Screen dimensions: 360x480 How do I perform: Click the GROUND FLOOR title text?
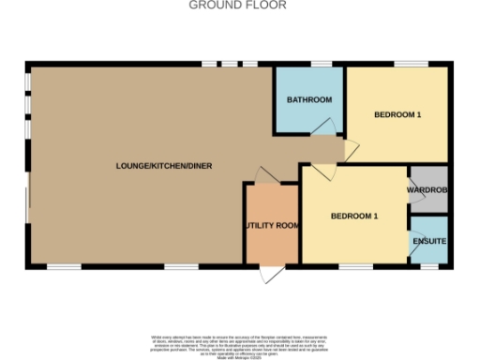238,6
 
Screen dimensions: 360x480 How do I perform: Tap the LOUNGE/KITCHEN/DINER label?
164,166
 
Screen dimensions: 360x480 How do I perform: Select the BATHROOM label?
309,99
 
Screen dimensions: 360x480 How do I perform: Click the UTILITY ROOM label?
272,226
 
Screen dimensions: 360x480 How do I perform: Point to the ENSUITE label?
430,242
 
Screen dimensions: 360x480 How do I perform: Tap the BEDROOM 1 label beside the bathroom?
397,115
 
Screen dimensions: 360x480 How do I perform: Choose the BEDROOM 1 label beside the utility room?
354,217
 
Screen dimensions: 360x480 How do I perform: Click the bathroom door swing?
323,127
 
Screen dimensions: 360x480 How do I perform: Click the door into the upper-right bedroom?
351,148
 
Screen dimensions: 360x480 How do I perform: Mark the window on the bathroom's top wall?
321,65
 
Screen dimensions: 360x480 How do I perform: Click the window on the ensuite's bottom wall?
430,267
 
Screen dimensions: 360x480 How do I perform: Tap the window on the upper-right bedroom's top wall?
411,65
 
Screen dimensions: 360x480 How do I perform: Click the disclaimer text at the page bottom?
239,343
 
